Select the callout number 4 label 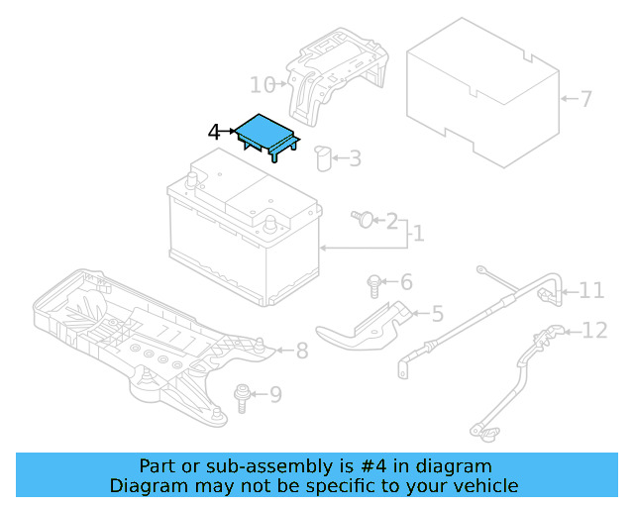[x=215, y=132]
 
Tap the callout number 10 [x=262, y=84]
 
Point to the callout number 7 [x=585, y=99]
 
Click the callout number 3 [x=355, y=157]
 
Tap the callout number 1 [x=418, y=234]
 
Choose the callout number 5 [x=437, y=314]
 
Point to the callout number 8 [x=302, y=350]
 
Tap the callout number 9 [x=275, y=395]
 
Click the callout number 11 [x=591, y=290]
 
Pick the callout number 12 [x=594, y=330]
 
